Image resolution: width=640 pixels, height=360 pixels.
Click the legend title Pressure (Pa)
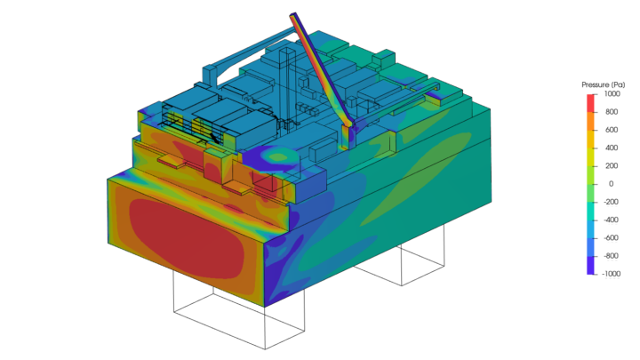click(x=601, y=84)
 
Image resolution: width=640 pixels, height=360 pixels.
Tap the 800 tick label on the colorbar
click(x=612, y=112)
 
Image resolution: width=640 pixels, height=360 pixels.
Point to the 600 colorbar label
click(x=612, y=130)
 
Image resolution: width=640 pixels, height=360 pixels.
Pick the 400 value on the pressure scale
click(x=612, y=148)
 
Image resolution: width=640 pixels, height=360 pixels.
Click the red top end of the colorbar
click(x=591, y=96)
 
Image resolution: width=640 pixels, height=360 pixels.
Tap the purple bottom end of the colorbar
click(x=591, y=270)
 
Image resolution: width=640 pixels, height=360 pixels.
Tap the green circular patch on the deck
click(x=281, y=157)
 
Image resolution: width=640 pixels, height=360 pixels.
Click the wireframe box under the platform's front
click(x=238, y=316)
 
